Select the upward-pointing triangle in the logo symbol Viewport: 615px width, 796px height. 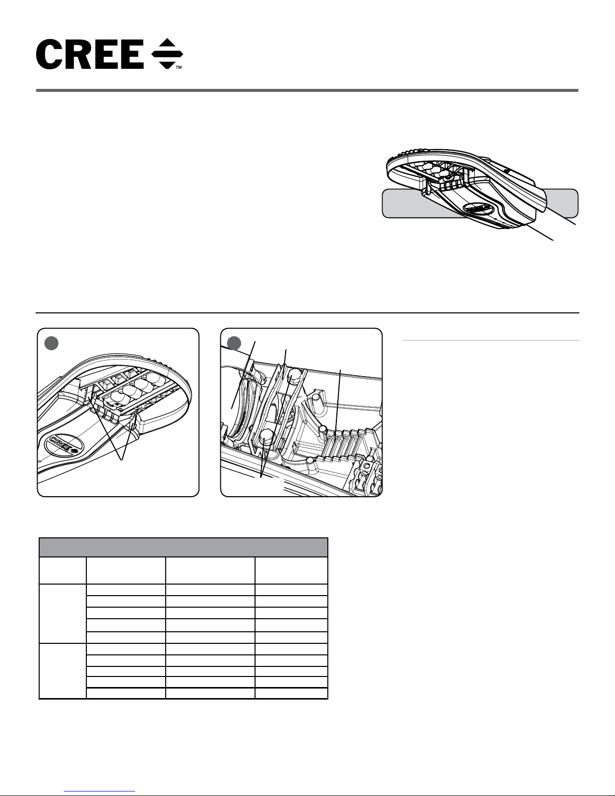[x=167, y=45]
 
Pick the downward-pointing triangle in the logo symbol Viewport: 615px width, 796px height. [x=167, y=62]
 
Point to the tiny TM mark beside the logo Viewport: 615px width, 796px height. [x=178, y=67]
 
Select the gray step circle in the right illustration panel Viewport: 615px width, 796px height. [x=233, y=343]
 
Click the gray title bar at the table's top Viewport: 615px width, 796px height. [x=183, y=547]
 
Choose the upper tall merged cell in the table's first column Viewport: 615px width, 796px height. [x=63, y=613]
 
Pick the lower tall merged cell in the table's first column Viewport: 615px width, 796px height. [x=63, y=670]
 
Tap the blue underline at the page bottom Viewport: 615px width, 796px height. [x=100, y=791]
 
